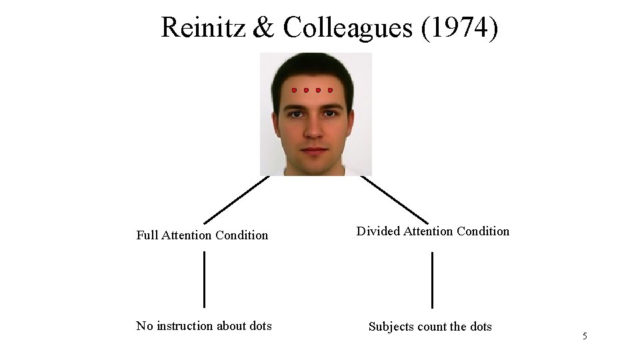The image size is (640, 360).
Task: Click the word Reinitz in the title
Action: (203, 28)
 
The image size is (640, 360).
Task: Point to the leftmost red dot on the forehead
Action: (294, 89)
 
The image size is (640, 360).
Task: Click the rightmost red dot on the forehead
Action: (330, 89)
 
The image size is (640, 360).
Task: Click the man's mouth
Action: (314, 150)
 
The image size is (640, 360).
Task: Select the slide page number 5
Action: (585, 337)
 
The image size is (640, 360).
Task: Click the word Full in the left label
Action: (146, 235)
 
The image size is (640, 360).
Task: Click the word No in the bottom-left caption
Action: (144, 326)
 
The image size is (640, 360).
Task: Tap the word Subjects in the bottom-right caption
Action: (391, 327)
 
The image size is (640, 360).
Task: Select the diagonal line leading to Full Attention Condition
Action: (236, 199)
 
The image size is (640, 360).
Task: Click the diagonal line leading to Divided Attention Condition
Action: (394, 199)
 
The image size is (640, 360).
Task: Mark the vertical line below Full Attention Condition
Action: (204, 279)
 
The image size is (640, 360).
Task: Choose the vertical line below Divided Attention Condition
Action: (432, 280)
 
